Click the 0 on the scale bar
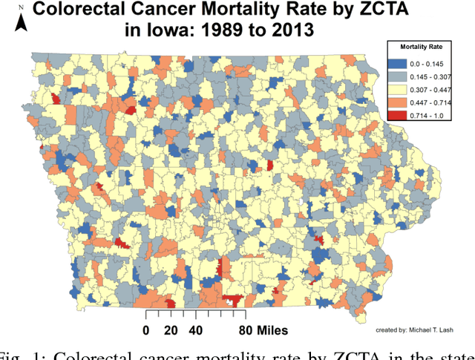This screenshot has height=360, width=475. (x=146, y=330)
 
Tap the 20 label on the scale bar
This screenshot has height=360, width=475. (x=170, y=330)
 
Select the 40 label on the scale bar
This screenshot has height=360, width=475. (x=195, y=330)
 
